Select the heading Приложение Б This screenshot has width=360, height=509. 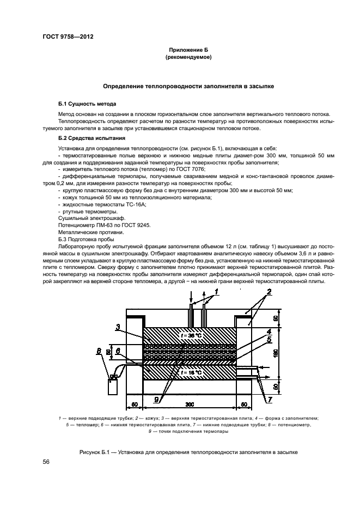tap(188, 50)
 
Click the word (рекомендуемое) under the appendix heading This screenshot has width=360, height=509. tap(188, 57)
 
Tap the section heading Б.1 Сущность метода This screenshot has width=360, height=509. tap(87, 103)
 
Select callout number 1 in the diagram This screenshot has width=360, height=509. tap(216, 292)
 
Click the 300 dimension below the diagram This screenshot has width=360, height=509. tap(188, 404)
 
